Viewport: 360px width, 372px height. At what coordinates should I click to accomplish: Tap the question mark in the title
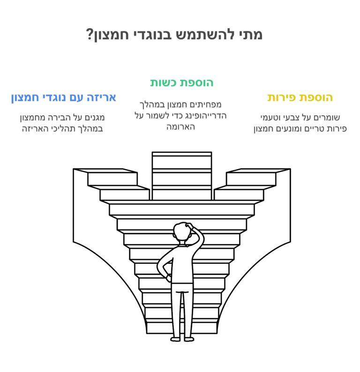pos(89,34)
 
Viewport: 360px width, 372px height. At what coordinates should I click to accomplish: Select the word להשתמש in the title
pos(205,34)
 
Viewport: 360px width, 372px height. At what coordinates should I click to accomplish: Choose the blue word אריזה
pos(102,98)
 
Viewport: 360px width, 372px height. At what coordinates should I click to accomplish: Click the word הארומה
pos(180,127)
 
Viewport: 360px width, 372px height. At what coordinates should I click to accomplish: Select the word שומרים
pos(327,118)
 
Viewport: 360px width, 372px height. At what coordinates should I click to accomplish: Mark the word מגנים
pos(95,118)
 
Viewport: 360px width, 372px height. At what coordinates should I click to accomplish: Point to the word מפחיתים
pos(207,104)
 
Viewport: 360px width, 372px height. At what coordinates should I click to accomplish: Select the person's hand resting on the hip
pos(169,278)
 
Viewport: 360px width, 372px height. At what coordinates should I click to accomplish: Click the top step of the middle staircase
pos(181,154)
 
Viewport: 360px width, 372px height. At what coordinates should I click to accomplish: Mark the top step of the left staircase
pos(105,171)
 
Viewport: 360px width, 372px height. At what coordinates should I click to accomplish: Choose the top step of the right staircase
pos(258,171)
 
